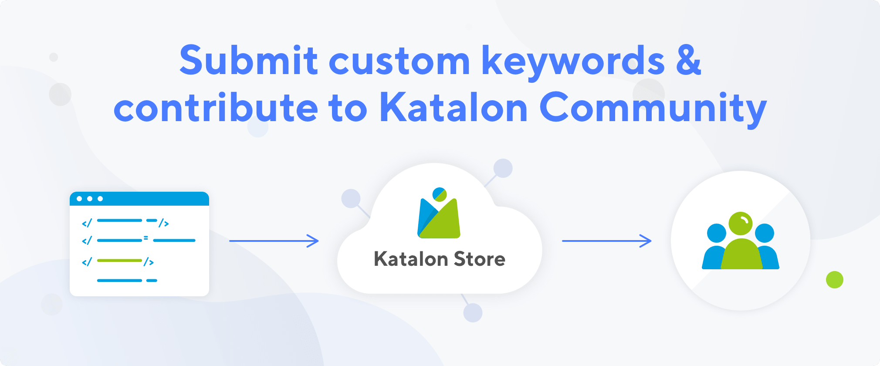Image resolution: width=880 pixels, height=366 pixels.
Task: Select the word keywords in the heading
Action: (x=573, y=62)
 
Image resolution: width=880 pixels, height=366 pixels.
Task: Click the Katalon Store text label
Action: (x=440, y=259)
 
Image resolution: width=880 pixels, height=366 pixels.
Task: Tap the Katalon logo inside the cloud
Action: (x=439, y=213)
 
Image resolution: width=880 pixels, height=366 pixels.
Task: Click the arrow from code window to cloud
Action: (x=274, y=241)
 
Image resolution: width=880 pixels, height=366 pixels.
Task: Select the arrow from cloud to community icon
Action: (x=606, y=241)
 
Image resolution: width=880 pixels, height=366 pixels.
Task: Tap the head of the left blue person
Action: (x=717, y=233)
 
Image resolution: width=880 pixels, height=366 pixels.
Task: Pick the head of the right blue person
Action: (x=765, y=233)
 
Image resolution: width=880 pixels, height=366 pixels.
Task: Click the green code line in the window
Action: (x=119, y=261)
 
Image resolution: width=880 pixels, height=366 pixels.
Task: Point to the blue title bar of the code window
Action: (x=139, y=199)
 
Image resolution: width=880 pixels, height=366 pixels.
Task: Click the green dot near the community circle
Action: (x=835, y=280)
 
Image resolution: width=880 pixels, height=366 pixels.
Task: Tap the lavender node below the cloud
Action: (x=473, y=312)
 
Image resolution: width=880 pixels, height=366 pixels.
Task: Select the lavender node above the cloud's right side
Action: (x=503, y=168)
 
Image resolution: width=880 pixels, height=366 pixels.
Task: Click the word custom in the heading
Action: (x=399, y=61)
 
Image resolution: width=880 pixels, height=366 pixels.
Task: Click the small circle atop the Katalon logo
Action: (x=440, y=194)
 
